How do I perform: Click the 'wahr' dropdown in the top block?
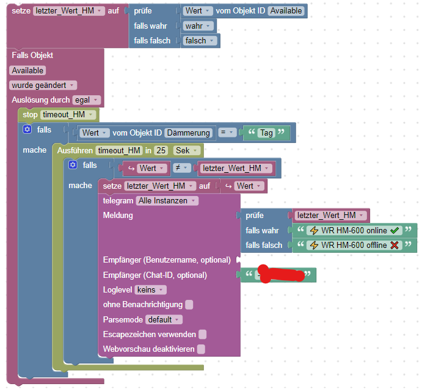[199, 26]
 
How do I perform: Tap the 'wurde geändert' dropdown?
[43, 85]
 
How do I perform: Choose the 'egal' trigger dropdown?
[87, 100]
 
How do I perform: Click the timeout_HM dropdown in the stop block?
[68, 114]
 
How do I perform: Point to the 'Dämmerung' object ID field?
[189, 133]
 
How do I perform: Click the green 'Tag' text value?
[266, 133]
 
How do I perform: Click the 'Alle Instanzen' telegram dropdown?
[167, 200]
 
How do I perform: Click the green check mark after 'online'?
[393, 230]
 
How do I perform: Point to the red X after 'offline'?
[394, 245]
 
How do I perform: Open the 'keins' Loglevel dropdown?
[150, 289]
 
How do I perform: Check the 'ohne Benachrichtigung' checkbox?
[189, 304]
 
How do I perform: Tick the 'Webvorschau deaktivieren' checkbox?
[201, 349]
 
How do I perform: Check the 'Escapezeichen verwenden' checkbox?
[203, 334]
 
